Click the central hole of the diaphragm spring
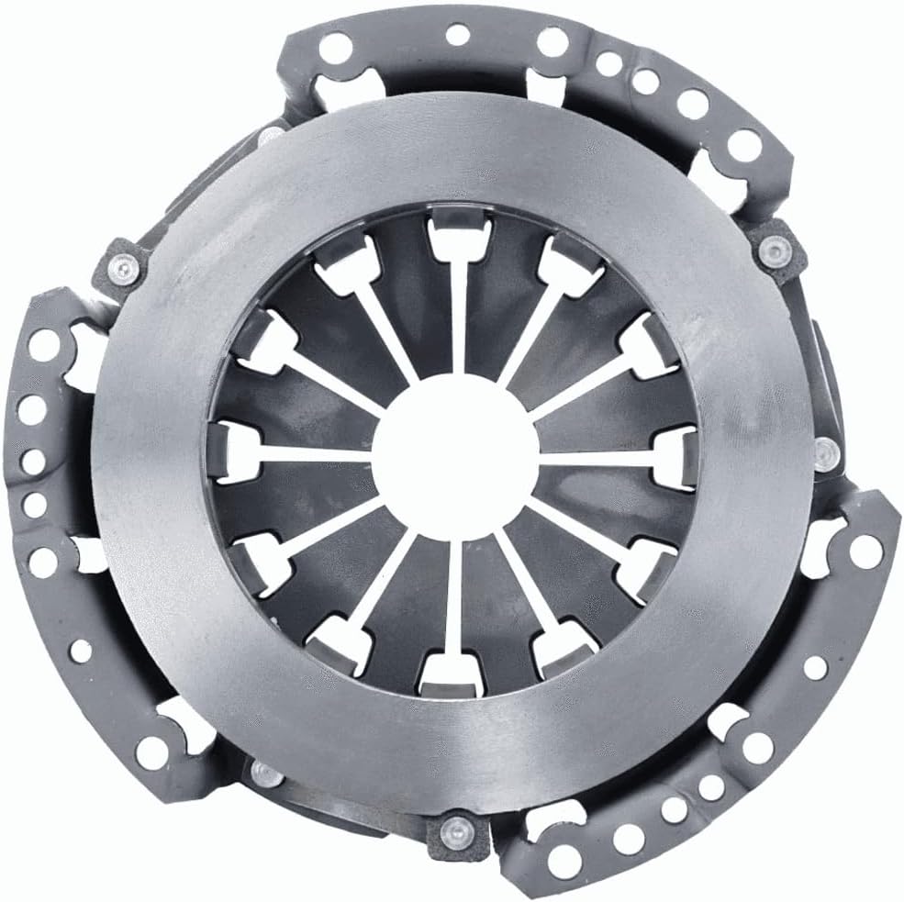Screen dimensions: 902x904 click(455, 454)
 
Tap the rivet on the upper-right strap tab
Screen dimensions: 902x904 click(776, 250)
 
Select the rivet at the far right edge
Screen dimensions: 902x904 click(826, 451)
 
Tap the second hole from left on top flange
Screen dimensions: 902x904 click(456, 36)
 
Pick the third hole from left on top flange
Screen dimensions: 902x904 click(552, 41)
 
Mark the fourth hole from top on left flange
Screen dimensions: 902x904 click(35, 504)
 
